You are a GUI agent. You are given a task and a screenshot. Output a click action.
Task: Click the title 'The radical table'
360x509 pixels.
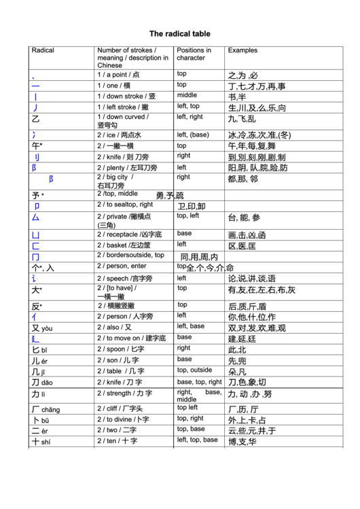pyautogui.click(x=179, y=33)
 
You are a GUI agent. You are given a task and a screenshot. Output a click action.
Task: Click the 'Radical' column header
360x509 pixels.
pyautogui.click(x=43, y=50)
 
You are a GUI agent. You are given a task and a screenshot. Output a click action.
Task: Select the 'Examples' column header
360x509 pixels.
pyautogui.click(x=242, y=50)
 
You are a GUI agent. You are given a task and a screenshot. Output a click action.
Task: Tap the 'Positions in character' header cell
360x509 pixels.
pyautogui.click(x=194, y=54)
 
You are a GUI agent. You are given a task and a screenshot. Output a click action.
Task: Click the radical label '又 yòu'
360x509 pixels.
pyautogui.click(x=41, y=328)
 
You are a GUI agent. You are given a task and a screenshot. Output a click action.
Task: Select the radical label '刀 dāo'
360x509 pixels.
pyautogui.click(x=41, y=383)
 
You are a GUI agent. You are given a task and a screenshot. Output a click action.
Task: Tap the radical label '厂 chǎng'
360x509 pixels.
pyautogui.click(x=46, y=410)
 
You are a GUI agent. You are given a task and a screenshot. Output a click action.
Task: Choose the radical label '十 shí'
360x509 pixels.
pyautogui.click(x=41, y=442)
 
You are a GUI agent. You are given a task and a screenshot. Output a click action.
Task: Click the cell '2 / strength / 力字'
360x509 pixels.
pyautogui.click(x=124, y=393)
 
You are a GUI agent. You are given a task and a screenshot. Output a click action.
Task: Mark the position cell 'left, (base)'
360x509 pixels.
pyautogui.click(x=193, y=135)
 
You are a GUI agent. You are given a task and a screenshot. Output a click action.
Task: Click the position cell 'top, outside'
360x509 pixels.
pyautogui.click(x=194, y=370)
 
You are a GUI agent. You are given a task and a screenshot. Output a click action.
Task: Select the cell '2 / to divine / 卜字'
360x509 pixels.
pyautogui.click(x=123, y=420)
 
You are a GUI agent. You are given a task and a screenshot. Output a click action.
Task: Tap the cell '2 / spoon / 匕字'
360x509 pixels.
pyautogui.click(x=120, y=349)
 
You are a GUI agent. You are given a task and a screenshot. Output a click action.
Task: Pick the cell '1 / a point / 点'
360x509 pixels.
pyautogui.click(x=118, y=75)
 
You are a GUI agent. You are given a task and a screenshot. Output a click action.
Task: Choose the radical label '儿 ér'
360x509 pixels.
pyautogui.click(x=40, y=361)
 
